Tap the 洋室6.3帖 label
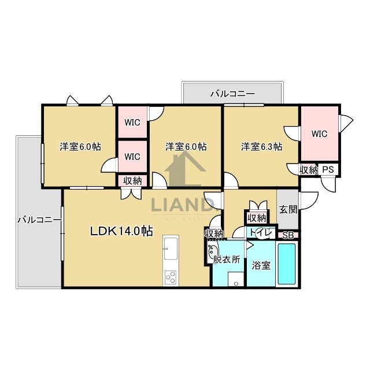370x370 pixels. pyautogui.click(x=261, y=147)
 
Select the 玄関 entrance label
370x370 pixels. pyautogui.click(x=287, y=209)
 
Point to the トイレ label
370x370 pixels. pyautogui.click(x=257, y=232)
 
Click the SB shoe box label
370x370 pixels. pyautogui.click(x=287, y=235)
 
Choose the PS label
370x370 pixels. pyautogui.click(x=328, y=169)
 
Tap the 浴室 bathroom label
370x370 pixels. pyautogui.click(x=261, y=265)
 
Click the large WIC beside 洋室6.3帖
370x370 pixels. pyautogui.click(x=319, y=134)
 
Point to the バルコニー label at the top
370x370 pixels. pyautogui.click(x=233, y=92)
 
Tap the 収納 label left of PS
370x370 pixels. pyautogui.click(x=308, y=169)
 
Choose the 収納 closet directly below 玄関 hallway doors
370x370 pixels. pyautogui.click(x=256, y=218)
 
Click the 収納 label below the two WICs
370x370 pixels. pyautogui.click(x=132, y=180)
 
